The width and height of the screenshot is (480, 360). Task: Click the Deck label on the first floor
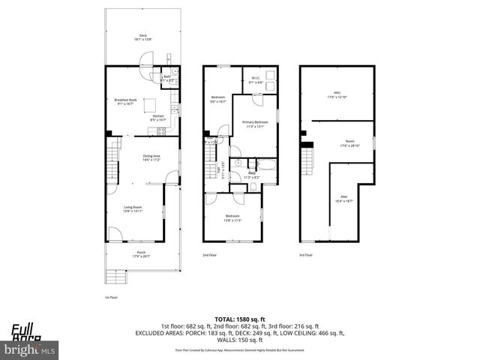142,37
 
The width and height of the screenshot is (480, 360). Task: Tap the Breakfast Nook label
124,101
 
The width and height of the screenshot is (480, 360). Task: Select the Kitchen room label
158,117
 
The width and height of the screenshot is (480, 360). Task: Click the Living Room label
133,209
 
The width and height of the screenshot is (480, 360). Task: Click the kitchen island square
150,104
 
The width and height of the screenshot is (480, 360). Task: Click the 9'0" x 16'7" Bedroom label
218,99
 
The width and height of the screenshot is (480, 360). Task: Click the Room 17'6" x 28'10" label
349,142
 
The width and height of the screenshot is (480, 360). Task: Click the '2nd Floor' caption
211,255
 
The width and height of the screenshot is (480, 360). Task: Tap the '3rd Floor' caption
306,255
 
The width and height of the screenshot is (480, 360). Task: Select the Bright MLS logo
30,349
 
